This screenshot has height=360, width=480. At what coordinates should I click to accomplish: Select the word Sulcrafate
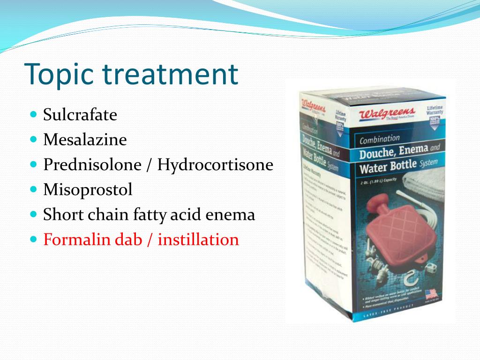point(80,115)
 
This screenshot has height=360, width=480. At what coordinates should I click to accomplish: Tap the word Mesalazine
point(85,140)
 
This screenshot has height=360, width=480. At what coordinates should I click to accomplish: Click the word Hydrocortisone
point(215,165)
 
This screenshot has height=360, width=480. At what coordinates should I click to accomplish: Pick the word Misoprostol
point(88,190)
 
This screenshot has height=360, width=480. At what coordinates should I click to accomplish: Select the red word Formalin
point(75,240)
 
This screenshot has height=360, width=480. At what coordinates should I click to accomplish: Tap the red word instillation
point(198,240)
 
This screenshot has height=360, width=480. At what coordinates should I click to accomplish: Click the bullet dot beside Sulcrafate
point(33,114)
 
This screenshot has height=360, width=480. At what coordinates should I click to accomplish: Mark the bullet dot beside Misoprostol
point(33,189)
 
